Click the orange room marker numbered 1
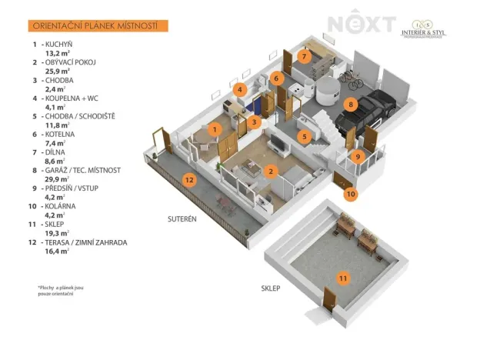click(216, 129)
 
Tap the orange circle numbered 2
click(270, 172)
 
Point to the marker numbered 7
click(304, 56)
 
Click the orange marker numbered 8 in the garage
click(350, 104)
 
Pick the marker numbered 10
click(351, 195)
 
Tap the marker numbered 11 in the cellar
click(344, 278)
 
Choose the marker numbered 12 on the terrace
click(189, 180)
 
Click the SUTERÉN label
click(183, 218)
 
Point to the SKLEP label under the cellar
click(270, 288)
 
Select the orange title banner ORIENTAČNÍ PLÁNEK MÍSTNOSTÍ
click(95, 26)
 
